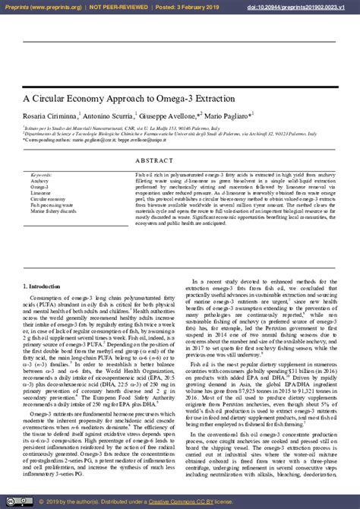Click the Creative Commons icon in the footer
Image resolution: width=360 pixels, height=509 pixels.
[15, 502]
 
